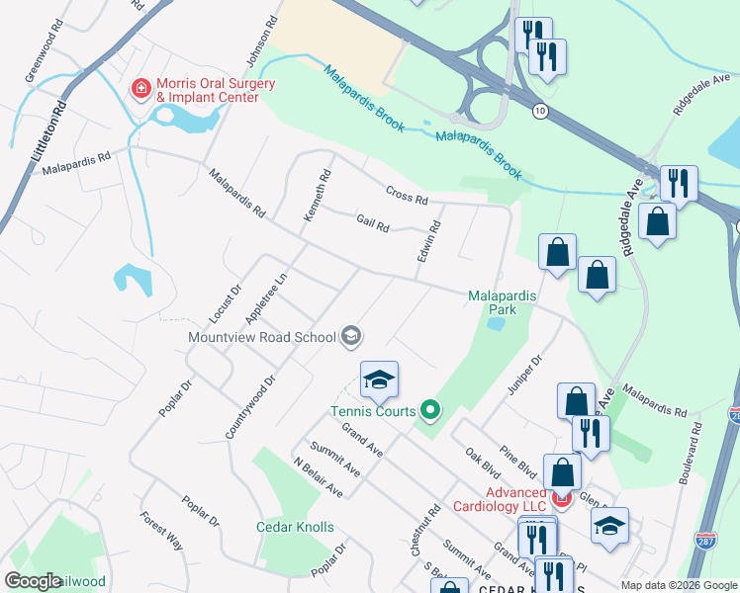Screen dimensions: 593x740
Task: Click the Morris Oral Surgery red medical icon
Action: pos(141,90)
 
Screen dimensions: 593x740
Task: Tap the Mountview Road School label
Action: pos(262,337)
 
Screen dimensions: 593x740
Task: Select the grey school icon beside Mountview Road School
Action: pos(350,337)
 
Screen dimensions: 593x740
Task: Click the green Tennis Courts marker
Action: pos(429,407)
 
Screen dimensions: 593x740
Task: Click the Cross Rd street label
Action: pos(407,197)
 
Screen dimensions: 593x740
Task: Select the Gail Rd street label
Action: pos(372,225)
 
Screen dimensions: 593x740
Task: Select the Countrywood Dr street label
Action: pos(248,407)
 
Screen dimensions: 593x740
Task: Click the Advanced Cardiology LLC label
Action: pos(514,500)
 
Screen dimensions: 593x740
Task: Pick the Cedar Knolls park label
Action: pos(295,527)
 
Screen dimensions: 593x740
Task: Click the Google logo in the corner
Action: pos(34,580)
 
